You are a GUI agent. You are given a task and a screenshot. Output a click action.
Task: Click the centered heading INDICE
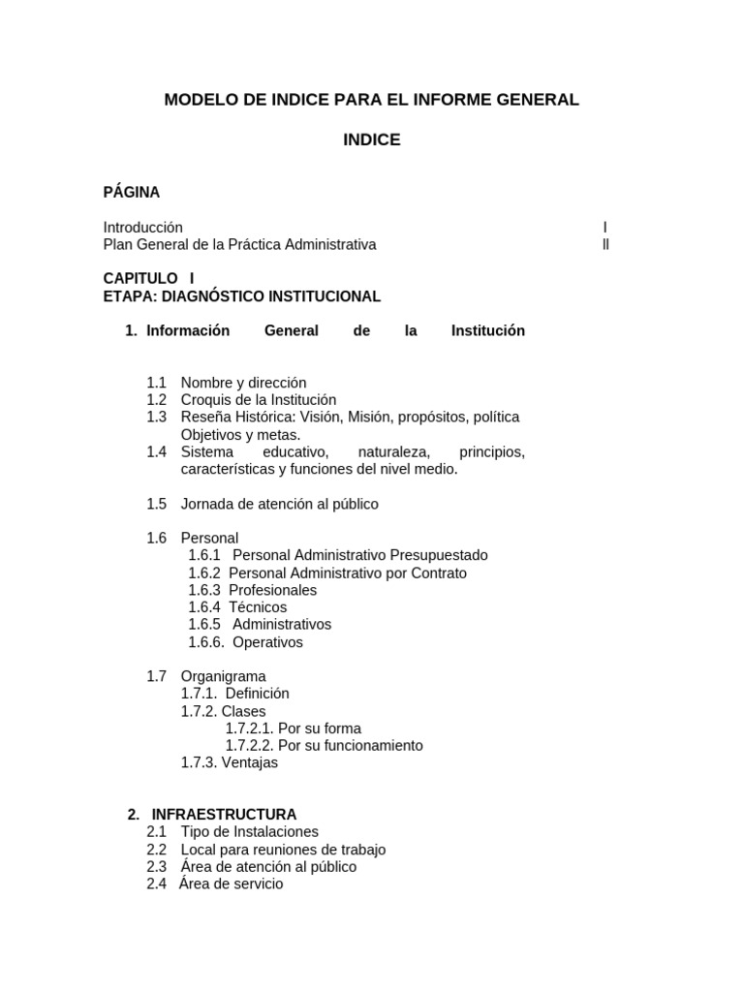coord(371,140)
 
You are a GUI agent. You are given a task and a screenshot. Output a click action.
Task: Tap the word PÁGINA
coord(132,193)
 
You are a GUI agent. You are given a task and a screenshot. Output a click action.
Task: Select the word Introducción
coord(143,228)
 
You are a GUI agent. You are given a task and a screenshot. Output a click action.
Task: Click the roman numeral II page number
coord(605,245)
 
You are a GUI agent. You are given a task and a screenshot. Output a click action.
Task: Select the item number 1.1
coord(157,383)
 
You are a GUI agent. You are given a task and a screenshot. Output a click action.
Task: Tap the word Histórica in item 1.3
coord(263,418)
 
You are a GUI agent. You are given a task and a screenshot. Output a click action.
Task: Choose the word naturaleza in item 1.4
coord(393,452)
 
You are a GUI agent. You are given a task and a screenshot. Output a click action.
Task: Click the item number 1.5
coord(157,505)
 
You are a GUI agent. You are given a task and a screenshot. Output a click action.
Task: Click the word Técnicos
coord(258,607)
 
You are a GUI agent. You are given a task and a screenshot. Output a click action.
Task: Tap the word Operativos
coord(268,642)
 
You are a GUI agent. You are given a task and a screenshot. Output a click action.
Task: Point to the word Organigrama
coord(223,676)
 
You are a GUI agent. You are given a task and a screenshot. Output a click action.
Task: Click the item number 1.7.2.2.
coord(250,746)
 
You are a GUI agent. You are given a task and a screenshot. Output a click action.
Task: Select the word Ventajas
coord(250,763)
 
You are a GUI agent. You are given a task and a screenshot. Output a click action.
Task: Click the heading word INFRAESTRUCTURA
coord(224,815)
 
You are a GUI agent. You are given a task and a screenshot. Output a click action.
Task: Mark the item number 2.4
coord(157,884)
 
